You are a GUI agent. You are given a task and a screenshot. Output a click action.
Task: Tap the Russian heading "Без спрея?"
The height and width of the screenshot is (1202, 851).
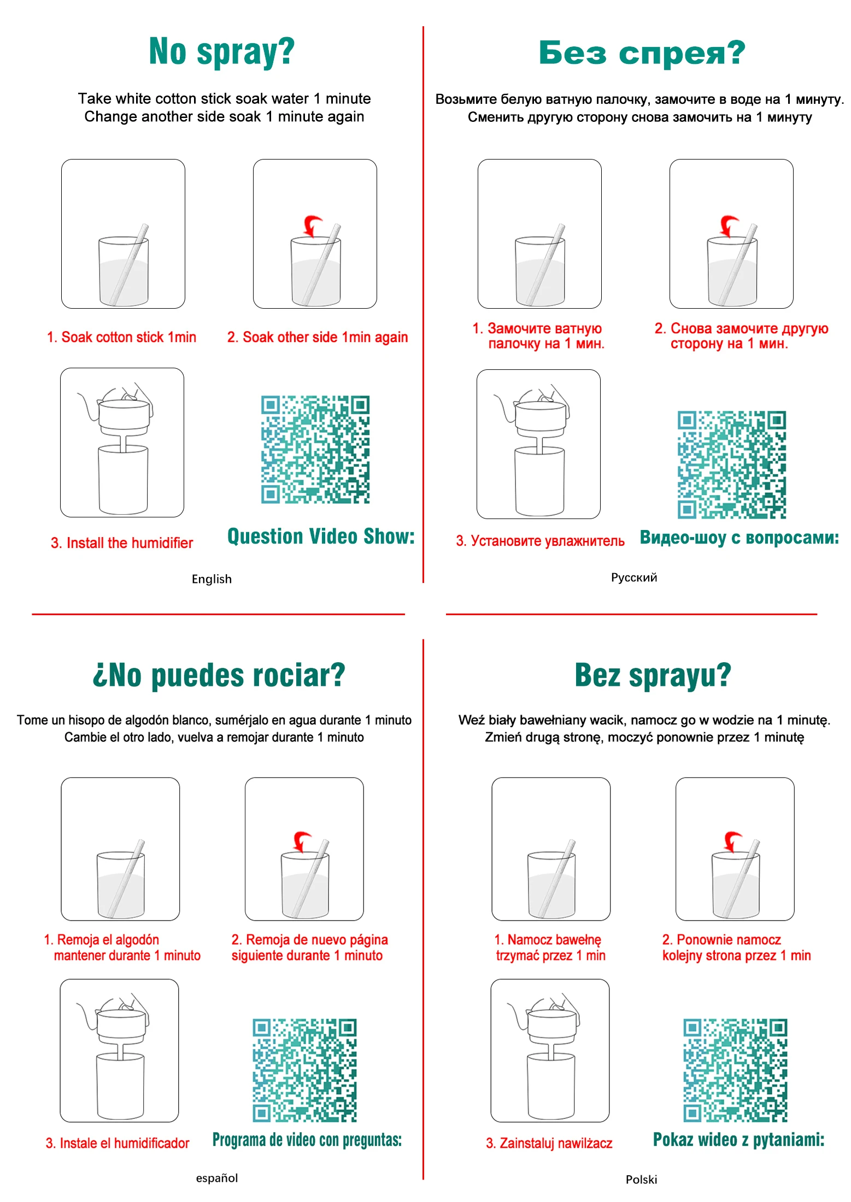click(642, 53)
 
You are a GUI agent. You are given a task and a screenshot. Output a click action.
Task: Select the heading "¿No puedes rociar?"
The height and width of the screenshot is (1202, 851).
click(219, 675)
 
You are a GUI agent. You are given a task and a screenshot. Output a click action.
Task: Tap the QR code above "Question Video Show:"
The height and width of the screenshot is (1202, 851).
click(315, 449)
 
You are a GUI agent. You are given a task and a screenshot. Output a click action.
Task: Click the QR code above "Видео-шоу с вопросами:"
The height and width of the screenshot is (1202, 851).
click(732, 464)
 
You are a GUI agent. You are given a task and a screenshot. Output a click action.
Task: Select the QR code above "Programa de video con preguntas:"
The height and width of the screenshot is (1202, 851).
click(304, 1070)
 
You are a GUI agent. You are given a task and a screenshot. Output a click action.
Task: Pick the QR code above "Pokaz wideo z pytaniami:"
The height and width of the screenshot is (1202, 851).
click(735, 1070)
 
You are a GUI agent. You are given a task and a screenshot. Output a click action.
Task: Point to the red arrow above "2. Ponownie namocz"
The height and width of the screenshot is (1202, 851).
click(732, 841)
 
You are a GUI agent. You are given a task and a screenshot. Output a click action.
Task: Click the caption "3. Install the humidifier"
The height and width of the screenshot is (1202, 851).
click(122, 543)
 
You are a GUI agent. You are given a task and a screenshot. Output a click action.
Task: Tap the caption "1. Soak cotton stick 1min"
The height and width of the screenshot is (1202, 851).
click(121, 337)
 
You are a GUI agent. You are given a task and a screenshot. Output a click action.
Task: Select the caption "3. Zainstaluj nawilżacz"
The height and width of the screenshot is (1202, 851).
click(549, 1143)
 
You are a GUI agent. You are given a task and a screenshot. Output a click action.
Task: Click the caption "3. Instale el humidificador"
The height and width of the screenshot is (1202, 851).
click(118, 1143)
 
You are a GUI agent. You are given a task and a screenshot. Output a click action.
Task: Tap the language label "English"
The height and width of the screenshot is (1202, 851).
click(212, 579)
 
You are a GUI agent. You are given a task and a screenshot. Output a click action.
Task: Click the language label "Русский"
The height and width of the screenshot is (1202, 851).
click(634, 578)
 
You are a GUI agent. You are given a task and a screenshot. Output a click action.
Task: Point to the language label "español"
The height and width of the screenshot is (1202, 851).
click(217, 1178)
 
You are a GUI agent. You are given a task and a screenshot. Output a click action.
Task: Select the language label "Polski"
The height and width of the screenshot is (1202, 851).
click(641, 1180)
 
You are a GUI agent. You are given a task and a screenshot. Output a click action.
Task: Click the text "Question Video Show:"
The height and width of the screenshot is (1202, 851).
click(321, 537)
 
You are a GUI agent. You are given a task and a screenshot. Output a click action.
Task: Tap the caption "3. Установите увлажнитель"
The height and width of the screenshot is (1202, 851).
click(540, 541)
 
